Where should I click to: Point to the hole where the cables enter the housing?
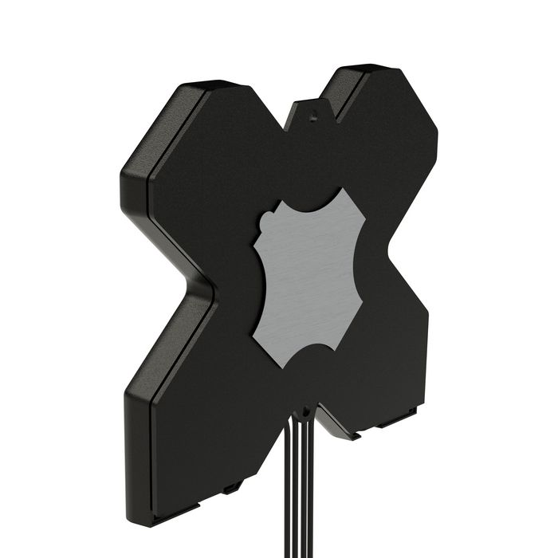[303, 413]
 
